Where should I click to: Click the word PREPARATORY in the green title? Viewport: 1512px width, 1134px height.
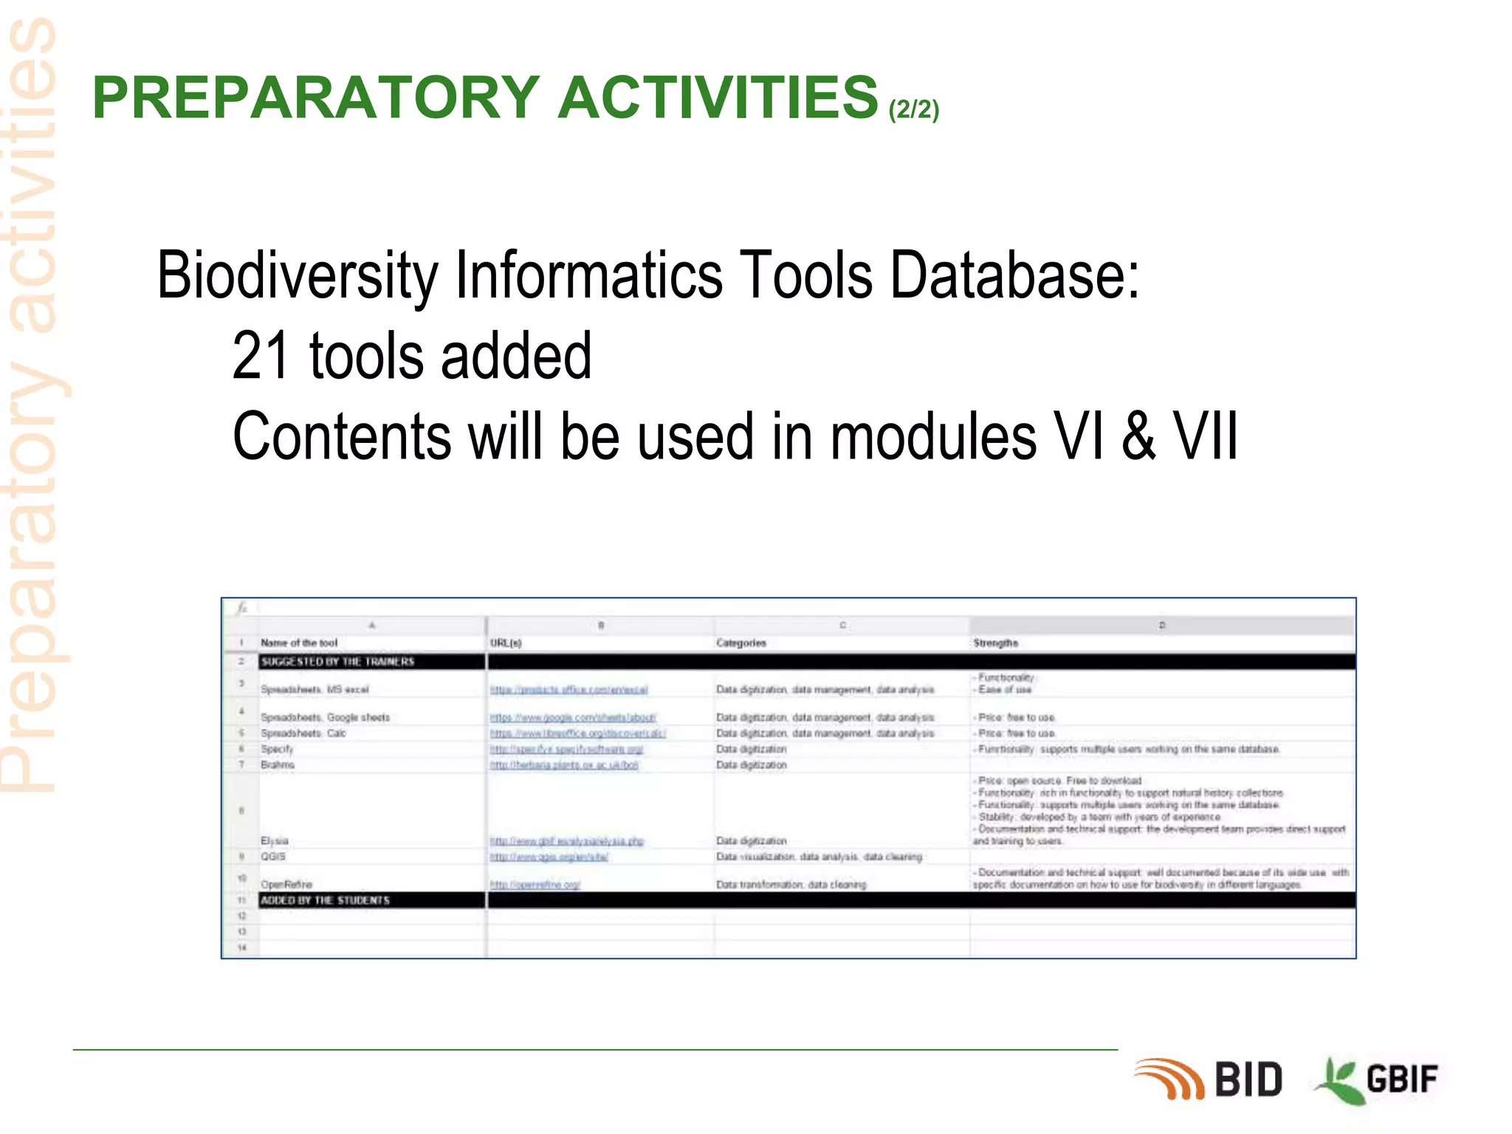coord(316,97)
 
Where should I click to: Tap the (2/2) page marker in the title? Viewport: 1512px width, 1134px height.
coord(913,109)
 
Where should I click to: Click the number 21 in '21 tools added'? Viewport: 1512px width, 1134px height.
coord(259,356)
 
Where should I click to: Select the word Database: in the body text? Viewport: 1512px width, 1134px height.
coord(1014,275)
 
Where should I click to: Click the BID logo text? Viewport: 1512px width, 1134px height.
coord(1248,1079)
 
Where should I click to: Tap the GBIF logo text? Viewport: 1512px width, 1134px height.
coord(1401,1079)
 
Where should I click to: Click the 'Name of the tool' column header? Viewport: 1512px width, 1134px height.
coord(298,643)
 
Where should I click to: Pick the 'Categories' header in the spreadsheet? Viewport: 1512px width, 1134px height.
coord(740,643)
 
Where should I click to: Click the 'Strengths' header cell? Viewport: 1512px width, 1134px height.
coord(995,643)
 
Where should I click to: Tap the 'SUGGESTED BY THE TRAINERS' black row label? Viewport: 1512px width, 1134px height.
coord(337,661)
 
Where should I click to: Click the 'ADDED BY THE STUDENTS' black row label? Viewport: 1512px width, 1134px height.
coord(325,900)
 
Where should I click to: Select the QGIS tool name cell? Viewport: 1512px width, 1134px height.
coord(272,856)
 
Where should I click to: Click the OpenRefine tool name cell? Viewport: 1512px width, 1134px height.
coord(286,884)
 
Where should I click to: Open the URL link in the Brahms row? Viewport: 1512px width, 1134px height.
coord(564,765)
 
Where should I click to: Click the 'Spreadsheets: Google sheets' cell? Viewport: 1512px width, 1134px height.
coord(325,717)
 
